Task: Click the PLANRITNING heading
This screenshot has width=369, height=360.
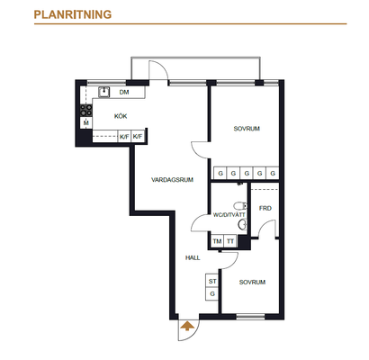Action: click(x=73, y=14)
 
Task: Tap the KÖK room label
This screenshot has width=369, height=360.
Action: click(x=121, y=116)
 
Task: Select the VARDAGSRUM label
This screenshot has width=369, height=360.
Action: click(x=172, y=180)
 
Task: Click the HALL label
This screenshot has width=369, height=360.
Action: click(x=193, y=257)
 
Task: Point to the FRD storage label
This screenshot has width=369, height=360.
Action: click(x=265, y=208)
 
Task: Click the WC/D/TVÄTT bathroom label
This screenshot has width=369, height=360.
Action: click(x=229, y=215)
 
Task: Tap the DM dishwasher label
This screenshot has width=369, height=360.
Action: click(x=124, y=92)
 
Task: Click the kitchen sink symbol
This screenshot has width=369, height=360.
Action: click(x=104, y=92)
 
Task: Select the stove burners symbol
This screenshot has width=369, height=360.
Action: click(x=86, y=110)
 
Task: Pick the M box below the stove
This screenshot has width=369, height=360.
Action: click(x=86, y=122)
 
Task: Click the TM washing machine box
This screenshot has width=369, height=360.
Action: click(x=217, y=241)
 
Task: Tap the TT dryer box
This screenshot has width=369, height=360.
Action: click(x=230, y=241)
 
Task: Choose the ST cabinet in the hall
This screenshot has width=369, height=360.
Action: click(x=211, y=281)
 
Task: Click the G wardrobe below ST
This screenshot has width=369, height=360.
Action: click(x=211, y=294)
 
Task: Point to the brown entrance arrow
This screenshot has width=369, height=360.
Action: click(x=186, y=326)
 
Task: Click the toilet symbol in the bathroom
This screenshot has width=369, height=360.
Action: click(x=240, y=206)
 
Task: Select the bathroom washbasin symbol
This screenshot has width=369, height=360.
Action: click(x=242, y=224)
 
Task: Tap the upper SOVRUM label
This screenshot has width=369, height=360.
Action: click(x=247, y=129)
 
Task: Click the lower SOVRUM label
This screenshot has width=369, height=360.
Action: click(x=252, y=283)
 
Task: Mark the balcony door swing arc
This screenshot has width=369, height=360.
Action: click(x=163, y=66)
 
